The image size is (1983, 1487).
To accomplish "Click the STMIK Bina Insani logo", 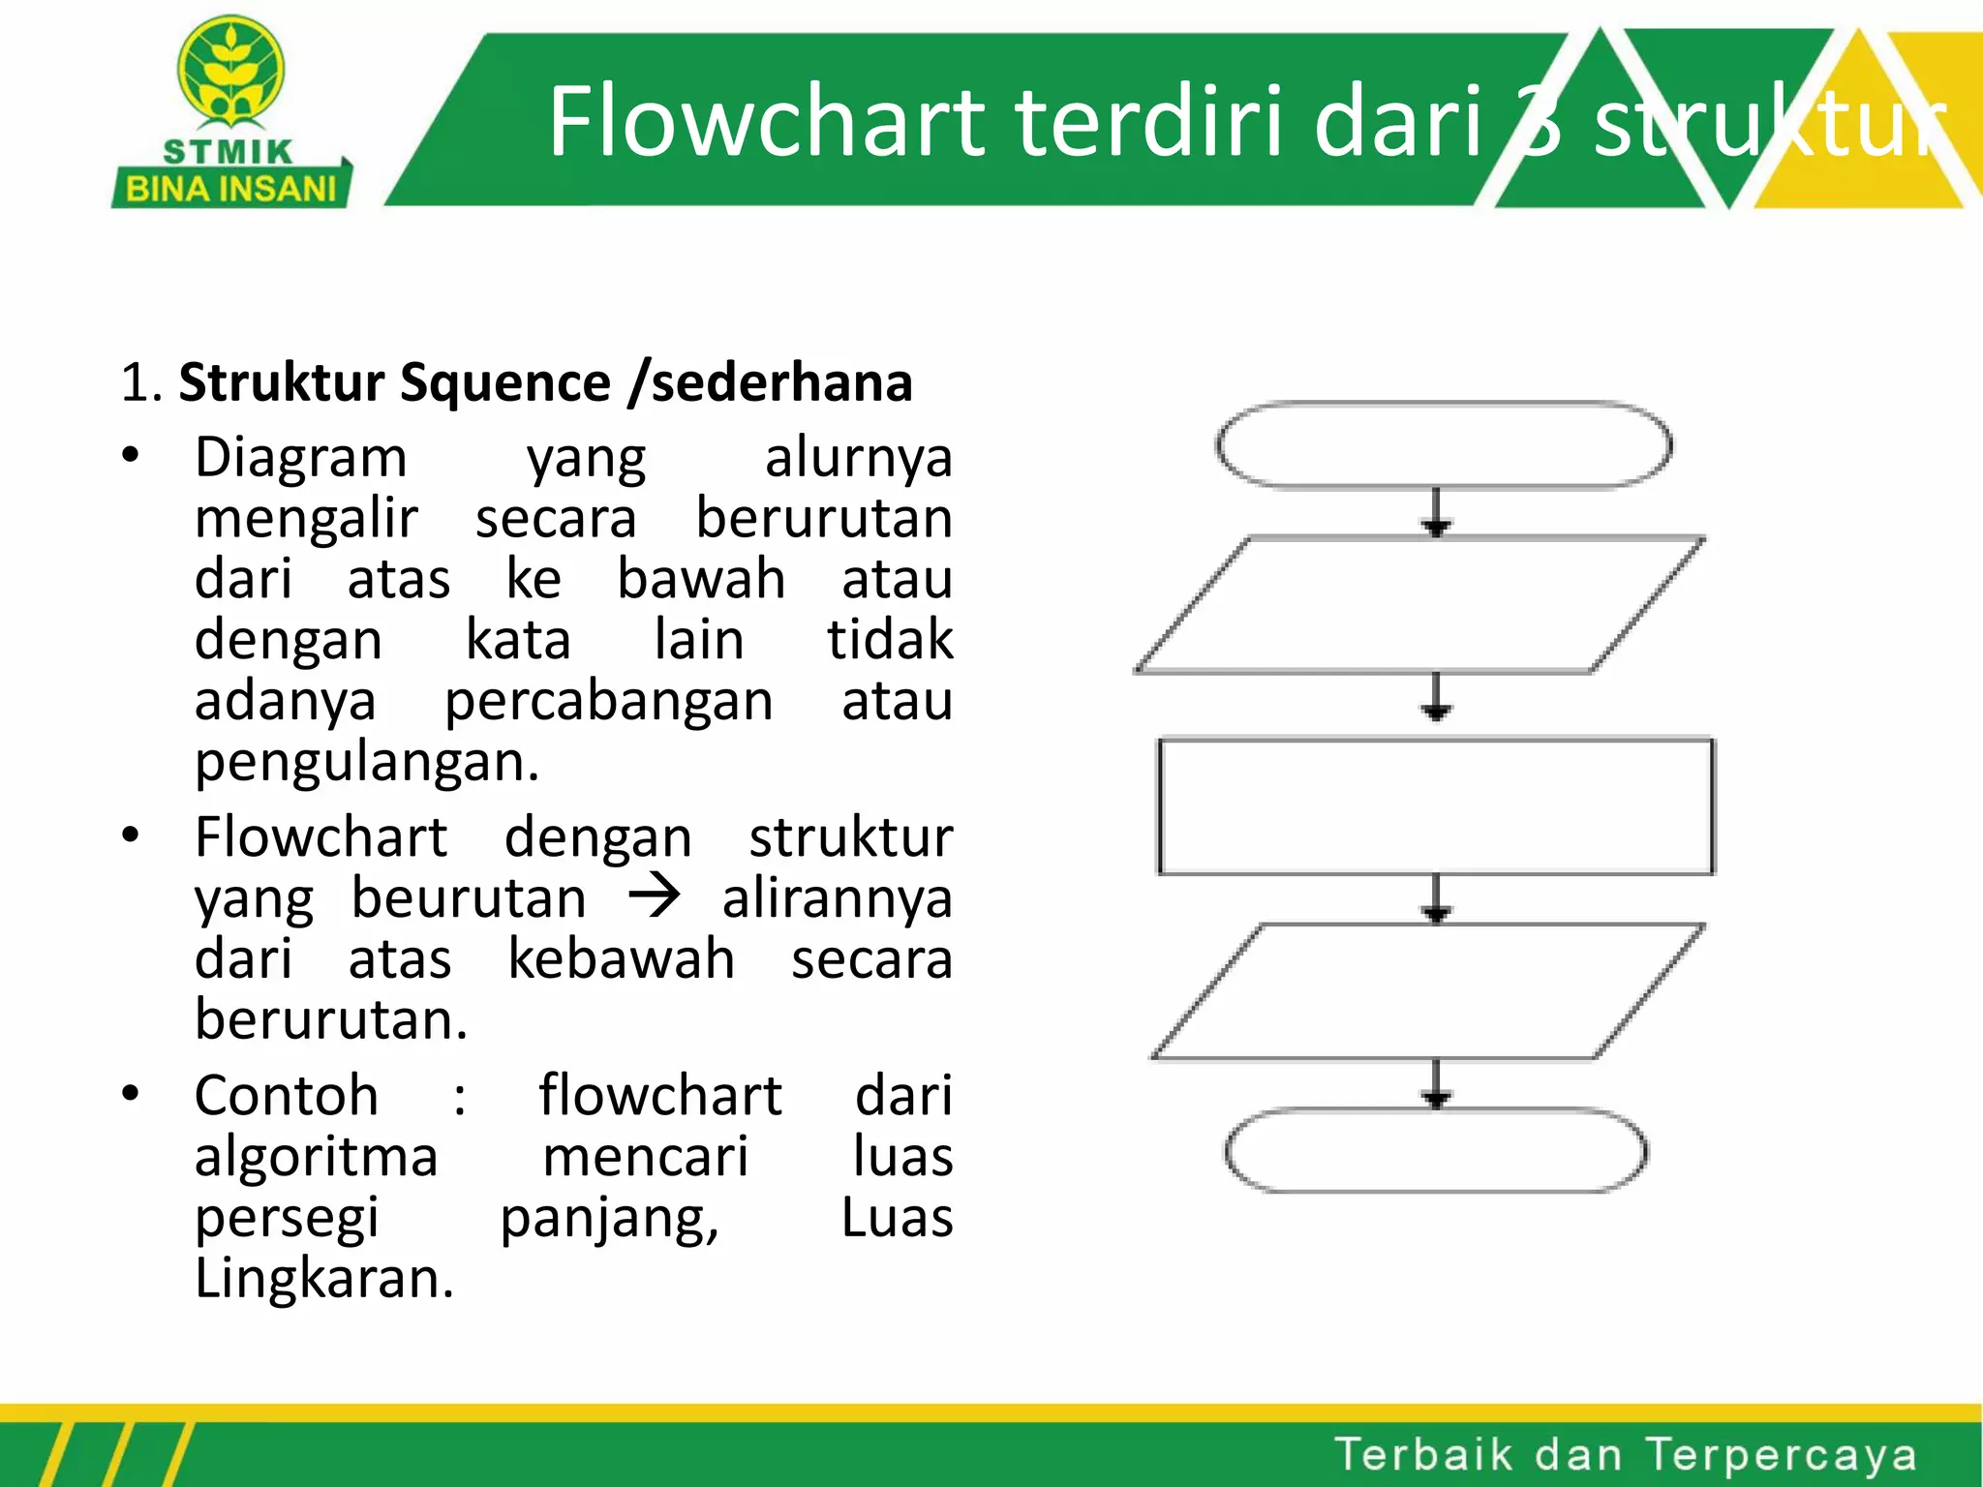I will click(x=231, y=112).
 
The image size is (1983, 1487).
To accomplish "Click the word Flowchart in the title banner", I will click(x=765, y=121).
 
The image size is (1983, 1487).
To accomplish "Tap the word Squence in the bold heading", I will click(x=504, y=382).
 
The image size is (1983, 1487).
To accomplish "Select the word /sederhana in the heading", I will click(x=770, y=382).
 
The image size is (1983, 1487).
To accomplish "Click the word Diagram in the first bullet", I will click(x=300, y=457).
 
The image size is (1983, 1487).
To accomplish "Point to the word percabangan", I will click(x=608, y=701).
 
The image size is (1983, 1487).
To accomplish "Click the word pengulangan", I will click(x=366, y=762).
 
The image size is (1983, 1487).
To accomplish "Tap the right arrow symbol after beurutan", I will click(x=655, y=895).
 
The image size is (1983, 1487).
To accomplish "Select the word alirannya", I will click(x=837, y=898).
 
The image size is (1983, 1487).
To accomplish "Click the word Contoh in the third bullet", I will click(x=287, y=1096).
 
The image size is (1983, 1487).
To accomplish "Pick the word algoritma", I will click(x=316, y=1158).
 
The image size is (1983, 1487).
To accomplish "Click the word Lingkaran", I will click(x=323, y=1279).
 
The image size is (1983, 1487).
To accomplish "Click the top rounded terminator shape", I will click(x=1443, y=445).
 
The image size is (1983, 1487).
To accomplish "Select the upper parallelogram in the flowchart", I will click(x=1420, y=605).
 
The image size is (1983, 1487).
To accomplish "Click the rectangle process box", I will click(x=1436, y=807).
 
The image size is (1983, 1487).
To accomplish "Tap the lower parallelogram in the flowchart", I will click(x=1427, y=992).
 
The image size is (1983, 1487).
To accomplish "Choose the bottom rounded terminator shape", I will click(x=1436, y=1151).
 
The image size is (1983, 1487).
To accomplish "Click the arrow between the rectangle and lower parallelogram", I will click(x=1437, y=899).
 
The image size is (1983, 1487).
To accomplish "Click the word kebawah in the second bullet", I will click(x=621, y=959).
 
